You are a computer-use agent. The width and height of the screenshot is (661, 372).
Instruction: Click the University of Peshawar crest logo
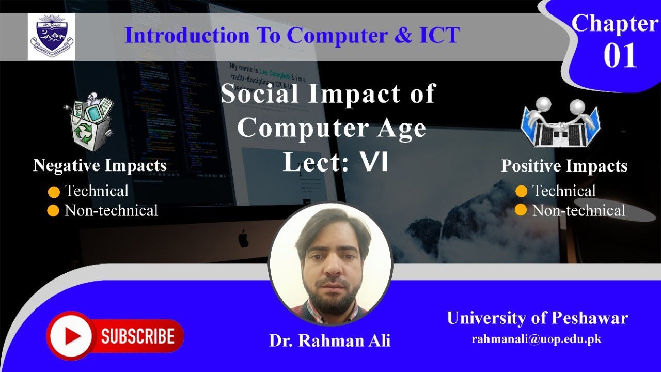click(51, 36)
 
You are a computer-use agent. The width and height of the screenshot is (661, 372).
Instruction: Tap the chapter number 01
click(620, 56)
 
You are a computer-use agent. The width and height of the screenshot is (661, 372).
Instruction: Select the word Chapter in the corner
click(615, 24)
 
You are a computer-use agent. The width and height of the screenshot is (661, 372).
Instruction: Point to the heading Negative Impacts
click(100, 165)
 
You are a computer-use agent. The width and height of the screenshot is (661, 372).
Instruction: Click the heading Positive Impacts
click(564, 166)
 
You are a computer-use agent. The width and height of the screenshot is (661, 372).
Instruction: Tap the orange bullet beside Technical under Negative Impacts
click(54, 192)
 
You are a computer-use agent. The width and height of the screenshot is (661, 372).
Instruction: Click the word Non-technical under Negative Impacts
click(111, 211)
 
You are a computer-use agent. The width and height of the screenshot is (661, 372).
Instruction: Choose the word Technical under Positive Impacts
click(564, 191)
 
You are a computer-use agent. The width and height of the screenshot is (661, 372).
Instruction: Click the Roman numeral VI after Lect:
click(374, 163)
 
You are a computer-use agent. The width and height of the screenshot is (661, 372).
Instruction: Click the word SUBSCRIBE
click(137, 336)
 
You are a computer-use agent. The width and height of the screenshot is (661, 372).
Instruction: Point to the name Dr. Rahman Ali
click(329, 341)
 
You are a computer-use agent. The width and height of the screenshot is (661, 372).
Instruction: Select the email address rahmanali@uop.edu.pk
click(537, 339)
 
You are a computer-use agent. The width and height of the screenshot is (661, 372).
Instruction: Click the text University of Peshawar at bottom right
click(537, 318)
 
